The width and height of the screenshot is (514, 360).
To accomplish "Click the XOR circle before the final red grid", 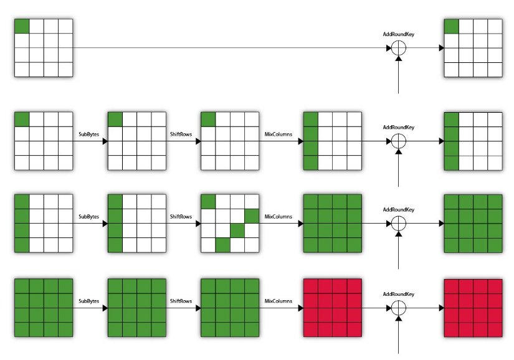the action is click(399, 308).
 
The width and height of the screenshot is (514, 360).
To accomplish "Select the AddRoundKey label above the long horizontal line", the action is click(399, 34).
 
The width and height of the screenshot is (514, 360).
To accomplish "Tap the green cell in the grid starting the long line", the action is click(22, 26).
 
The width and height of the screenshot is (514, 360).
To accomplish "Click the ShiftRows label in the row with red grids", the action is click(181, 301).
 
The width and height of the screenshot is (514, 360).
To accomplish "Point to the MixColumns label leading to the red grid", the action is click(278, 301).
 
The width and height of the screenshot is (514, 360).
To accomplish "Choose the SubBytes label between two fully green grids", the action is click(89, 301).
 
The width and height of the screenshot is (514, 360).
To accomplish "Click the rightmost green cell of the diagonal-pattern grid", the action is click(252, 216).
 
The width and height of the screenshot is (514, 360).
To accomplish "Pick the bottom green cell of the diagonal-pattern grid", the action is click(223, 245).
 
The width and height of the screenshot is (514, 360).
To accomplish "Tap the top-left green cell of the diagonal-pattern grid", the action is click(208, 202).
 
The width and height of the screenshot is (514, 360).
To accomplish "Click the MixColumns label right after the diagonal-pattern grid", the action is click(278, 217).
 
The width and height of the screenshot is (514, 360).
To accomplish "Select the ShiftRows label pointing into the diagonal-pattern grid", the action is click(181, 217).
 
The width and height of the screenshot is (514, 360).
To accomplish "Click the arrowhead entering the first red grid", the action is click(301, 308).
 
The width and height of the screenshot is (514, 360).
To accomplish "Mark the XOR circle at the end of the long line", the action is click(399, 48).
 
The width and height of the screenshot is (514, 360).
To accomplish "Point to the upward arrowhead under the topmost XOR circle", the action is click(399, 59).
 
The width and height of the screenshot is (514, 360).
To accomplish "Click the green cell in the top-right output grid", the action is click(452, 26).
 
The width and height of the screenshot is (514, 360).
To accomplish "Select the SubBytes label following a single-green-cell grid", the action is click(89, 135).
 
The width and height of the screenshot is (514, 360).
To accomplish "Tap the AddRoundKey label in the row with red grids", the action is click(399, 294).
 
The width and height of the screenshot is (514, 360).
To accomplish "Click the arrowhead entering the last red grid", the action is click(442, 308).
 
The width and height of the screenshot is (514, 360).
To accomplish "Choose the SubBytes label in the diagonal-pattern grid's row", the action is click(89, 217).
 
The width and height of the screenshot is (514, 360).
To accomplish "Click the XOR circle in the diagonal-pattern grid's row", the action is click(399, 224).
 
